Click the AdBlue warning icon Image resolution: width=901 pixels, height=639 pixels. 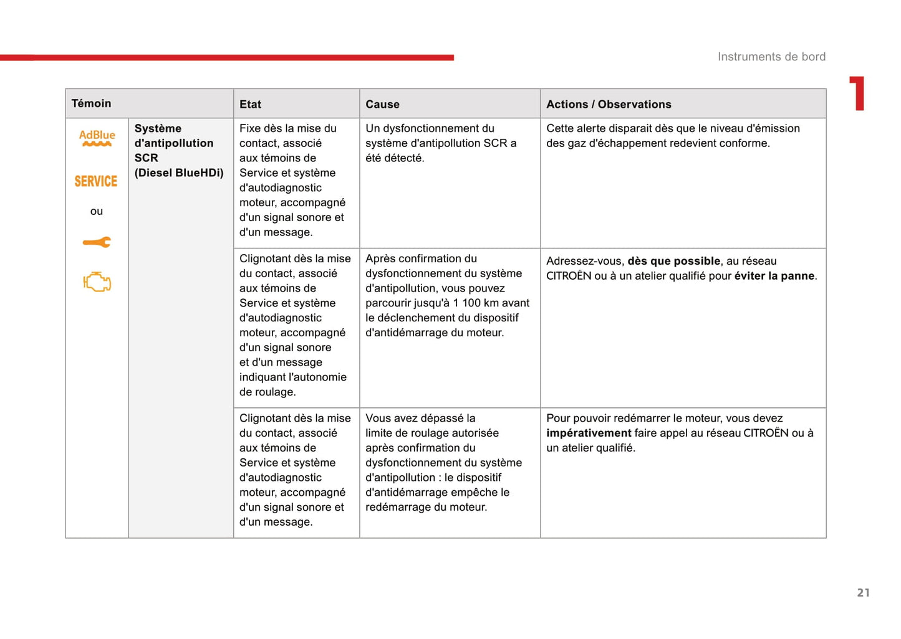pyautogui.click(x=97, y=138)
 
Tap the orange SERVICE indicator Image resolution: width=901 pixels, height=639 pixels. pyautogui.click(x=96, y=181)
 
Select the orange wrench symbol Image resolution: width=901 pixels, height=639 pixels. pyautogui.click(x=97, y=242)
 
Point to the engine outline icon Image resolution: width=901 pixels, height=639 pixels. pyautogui.click(x=97, y=282)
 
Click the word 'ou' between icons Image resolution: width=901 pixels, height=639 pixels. pyautogui.click(x=97, y=212)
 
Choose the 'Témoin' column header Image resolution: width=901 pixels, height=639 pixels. pyautogui.click(x=91, y=103)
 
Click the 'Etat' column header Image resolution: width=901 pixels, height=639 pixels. pyautogui.click(x=250, y=105)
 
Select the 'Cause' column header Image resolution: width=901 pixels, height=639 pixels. pyautogui.click(x=382, y=105)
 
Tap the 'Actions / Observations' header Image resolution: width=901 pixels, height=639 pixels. pyautogui.click(x=609, y=105)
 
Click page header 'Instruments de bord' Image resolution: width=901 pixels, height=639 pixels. pyautogui.click(x=771, y=57)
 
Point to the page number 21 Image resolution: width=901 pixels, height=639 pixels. pyautogui.click(x=863, y=593)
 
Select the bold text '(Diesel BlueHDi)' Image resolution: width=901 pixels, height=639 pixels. pyautogui.click(x=179, y=173)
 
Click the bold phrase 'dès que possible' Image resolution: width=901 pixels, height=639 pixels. pyautogui.click(x=674, y=262)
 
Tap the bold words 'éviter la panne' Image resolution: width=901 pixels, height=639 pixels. pyautogui.click(x=774, y=276)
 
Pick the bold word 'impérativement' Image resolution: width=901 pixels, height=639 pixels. pyautogui.click(x=589, y=433)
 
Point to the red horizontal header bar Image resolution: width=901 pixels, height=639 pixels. pyautogui.click(x=227, y=58)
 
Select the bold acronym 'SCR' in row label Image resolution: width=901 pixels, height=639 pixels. pyautogui.click(x=146, y=158)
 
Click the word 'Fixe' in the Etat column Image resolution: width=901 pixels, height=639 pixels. pyautogui.click(x=250, y=129)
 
